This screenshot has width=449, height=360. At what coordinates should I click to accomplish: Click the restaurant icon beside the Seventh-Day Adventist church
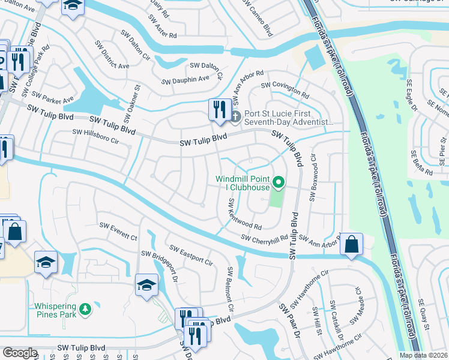coord(218,110)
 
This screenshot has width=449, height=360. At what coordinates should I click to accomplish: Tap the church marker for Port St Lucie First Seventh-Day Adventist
coord(236,116)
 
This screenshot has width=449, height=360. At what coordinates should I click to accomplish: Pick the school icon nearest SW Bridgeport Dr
coord(146,286)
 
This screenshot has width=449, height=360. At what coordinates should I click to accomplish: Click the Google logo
coord(20,353)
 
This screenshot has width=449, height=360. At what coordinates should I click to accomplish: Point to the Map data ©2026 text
coord(423,355)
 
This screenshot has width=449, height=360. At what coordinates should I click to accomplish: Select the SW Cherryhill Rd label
coord(265,238)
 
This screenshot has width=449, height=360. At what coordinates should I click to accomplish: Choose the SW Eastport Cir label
coord(191,256)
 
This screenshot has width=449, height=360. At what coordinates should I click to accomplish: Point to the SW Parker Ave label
coord(53,97)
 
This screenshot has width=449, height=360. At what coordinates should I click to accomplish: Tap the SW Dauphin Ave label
coord(185,79)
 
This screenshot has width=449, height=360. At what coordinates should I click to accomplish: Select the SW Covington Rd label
coord(285,91)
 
